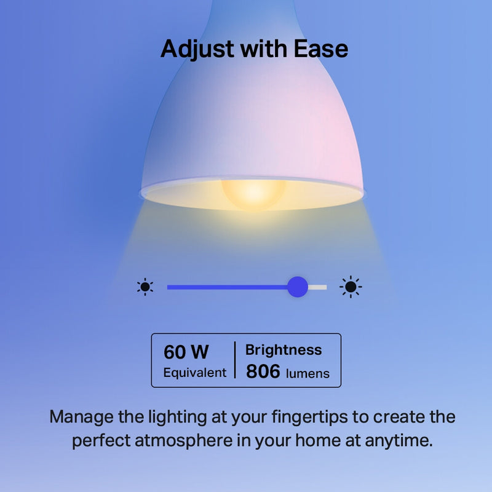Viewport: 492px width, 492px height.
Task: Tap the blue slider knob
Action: click(x=298, y=287)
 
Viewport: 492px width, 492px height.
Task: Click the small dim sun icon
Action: click(x=145, y=287)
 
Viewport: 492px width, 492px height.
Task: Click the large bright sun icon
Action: click(x=351, y=287)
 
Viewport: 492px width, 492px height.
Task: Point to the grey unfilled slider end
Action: click(x=319, y=287)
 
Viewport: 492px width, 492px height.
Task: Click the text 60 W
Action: click(x=186, y=352)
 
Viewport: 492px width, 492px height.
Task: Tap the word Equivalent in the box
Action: click(x=194, y=373)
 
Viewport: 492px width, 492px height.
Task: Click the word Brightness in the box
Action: click(x=283, y=350)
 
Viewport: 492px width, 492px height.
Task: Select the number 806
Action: click(x=263, y=371)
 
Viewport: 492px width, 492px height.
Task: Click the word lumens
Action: click(x=307, y=373)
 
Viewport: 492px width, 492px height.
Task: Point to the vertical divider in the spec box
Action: click(x=235, y=360)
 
